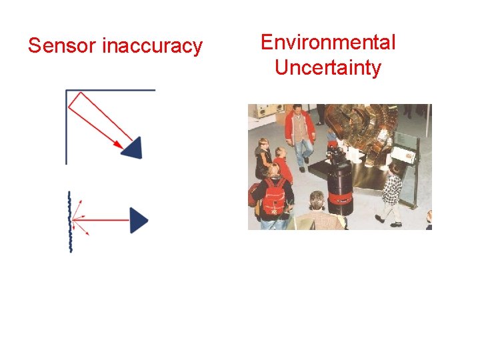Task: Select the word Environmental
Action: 328,43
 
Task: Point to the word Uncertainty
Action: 328,67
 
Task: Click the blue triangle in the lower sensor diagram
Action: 137,220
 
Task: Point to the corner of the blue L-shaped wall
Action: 67,91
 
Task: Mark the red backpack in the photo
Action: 274,196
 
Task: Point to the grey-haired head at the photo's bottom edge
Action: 317,199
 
